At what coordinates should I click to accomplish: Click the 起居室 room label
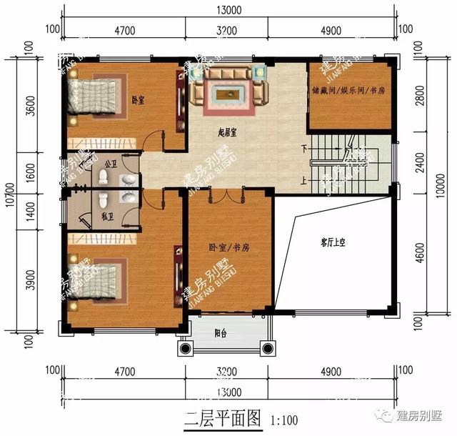tap(228, 133)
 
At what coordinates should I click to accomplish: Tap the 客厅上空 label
tap(333, 243)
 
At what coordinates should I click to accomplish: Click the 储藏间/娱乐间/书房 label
tap(348, 92)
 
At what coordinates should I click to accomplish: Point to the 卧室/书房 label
tap(228, 247)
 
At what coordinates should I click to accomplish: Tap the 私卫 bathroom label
tap(108, 214)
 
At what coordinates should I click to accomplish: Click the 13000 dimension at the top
tap(228, 10)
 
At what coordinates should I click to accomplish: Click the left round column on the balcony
tap(186, 349)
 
